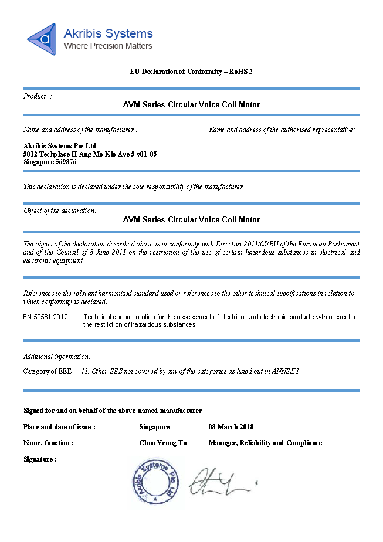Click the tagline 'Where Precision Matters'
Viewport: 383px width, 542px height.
108,46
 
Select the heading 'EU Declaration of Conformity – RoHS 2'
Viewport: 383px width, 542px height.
191,72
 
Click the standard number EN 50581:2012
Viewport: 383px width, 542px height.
46,317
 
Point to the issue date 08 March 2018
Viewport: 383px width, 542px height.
231,426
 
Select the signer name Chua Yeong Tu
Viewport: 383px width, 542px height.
163,443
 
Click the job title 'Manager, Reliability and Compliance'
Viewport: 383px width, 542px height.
265,443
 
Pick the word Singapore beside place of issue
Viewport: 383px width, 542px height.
155,426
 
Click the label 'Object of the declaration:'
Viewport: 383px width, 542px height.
60,211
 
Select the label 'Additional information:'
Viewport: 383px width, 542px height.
57,356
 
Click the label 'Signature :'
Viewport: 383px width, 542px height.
40,459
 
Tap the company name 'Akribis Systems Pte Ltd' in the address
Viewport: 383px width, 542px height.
59,145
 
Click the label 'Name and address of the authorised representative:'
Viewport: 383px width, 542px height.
282,130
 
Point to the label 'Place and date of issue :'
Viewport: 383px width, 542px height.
59,426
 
